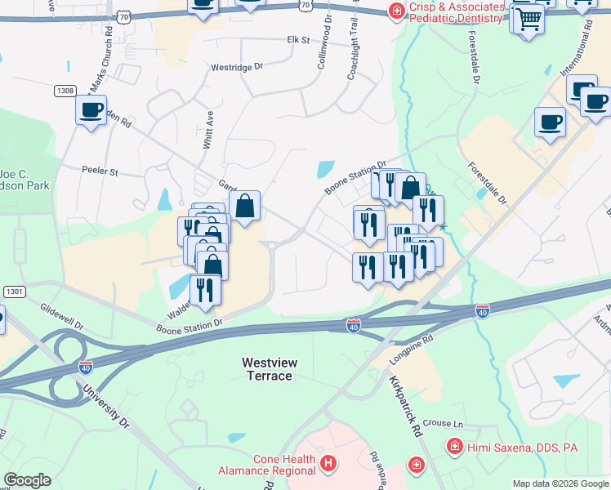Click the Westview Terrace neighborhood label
coord(269,368)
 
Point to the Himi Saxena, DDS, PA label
coord(511,447)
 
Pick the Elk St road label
coord(298,39)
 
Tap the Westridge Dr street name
coord(237,68)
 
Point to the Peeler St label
coord(100,171)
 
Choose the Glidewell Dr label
coord(61,318)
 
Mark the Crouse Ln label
coord(443,425)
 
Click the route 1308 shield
coord(65,90)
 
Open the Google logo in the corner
coord(27,480)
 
